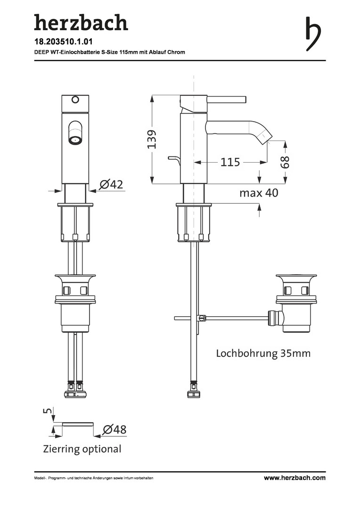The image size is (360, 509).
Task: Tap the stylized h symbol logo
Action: coord(313,34)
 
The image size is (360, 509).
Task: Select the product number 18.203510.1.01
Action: coord(63,42)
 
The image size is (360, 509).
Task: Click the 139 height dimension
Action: coord(152,139)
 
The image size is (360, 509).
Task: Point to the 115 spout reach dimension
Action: coord(230,162)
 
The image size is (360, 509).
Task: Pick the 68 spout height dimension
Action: coord(285,162)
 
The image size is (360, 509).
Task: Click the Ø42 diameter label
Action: coord(111,184)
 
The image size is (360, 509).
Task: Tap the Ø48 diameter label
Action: coord(114,429)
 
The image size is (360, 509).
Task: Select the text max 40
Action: coord(259,193)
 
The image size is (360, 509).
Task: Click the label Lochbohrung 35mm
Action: coord(263,353)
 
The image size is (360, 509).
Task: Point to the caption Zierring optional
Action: coord(82,449)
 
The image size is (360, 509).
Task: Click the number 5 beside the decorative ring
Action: coord(48,411)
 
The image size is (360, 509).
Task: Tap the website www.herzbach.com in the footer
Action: coord(295,477)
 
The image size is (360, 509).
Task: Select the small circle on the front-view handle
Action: coord(75,99)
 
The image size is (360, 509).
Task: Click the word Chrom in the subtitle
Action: coord(176,52)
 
